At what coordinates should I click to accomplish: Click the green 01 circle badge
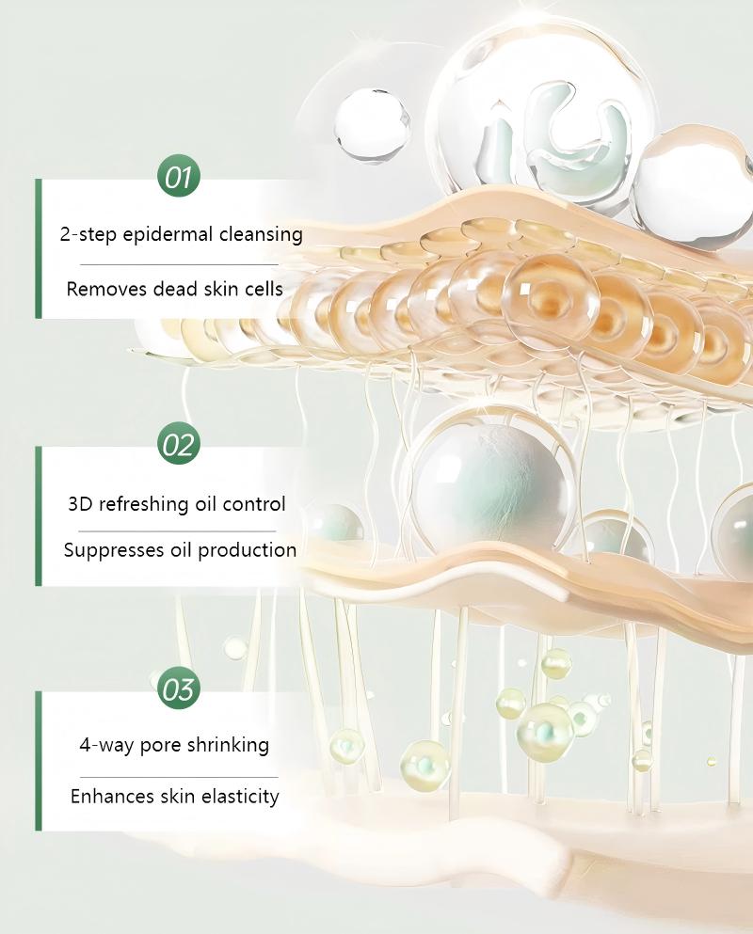coord(179,178)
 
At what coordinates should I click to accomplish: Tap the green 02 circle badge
coord(178,444)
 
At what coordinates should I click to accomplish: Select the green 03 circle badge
coord(178,689)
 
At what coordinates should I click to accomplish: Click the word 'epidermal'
coord(167,234)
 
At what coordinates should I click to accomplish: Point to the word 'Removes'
coord(101,289)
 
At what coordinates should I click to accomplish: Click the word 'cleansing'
coord(260,234)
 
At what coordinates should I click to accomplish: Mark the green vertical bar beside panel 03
coord(39,761)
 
